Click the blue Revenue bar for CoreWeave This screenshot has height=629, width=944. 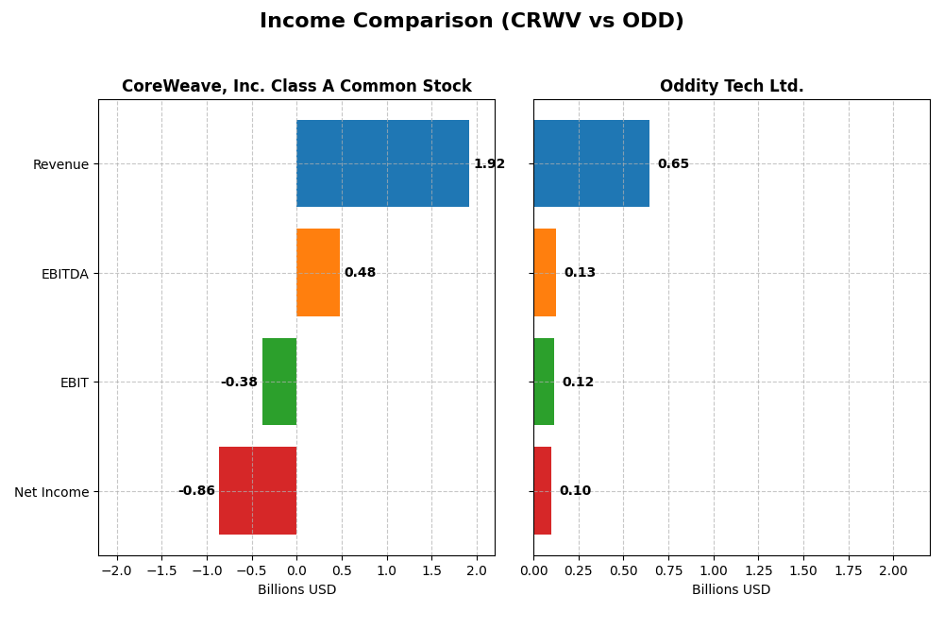tap(382, 163)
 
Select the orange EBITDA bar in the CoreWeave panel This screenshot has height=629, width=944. tap(318, 272)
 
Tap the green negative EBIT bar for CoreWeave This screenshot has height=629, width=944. tap(279, 382)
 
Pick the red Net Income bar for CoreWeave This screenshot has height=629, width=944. tap(258, 490)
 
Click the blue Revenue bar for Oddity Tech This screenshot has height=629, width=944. tap(591, 163)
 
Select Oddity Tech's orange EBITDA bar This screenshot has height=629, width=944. tap(545, 272)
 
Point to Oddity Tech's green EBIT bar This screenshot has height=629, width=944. tap(544, 382)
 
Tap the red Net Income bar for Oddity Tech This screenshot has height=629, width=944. tap(542, 490)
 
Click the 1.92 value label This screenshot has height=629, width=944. tap(489, 164)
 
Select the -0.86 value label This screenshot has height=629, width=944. tap(196, 491)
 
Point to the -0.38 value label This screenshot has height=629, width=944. tap(239, 382)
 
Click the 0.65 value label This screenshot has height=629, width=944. tap(673, 164)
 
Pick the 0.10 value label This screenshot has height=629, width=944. tap(575, 491)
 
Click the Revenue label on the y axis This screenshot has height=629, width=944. tap(60, 164)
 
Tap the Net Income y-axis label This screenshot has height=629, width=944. tap(51, 492)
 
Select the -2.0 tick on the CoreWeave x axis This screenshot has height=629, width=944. tap(117, 571)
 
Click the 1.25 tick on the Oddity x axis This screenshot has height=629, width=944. tap(758, 571)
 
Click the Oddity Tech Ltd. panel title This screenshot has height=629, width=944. tap(732, 87)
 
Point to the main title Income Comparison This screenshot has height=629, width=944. tap(472, 22)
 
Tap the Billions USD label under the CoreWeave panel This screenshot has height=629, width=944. tap(296, 590)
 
